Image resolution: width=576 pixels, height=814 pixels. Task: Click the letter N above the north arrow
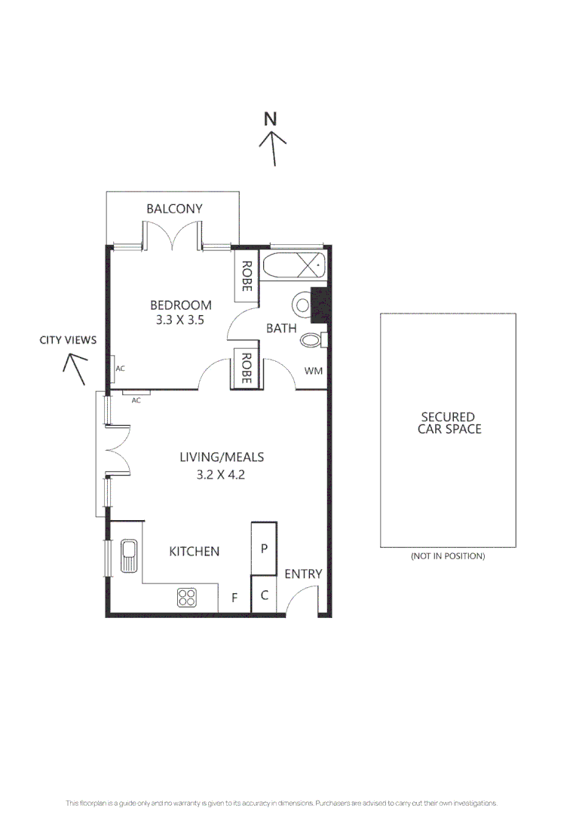pyautogui.click(x=271, y=118)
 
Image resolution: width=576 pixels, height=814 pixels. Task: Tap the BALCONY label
pyautogui.click(x=174, y=209)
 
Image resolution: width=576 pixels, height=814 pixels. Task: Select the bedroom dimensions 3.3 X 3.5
pyautogui.click(x=178, y=319)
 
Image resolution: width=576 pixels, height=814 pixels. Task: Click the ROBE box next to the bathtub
pyautogui.click(x=246, y=276)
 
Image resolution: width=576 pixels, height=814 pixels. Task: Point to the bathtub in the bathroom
pyautogui.click(x=294, y=267)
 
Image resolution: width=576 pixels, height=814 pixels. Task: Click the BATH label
pyautogui.click(x=280, y=328)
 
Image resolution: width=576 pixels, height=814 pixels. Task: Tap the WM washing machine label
pyautogui.click(x=313, y=371)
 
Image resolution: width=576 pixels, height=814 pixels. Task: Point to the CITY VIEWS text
pyautogui.click(x=68, y=340)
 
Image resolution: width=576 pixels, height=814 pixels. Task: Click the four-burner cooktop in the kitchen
pyautogui.click(x=187, y=598)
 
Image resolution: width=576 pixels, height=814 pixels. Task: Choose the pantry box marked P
pyautogui.click(x=264, y=549)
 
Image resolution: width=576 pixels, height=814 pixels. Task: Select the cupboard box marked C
pyautogui.click(x=264, y=595)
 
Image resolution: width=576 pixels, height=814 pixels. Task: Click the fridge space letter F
pyautogui.click(x=234, y=598)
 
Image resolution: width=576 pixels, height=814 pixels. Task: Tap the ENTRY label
pyautogui.click(x=303, y=574)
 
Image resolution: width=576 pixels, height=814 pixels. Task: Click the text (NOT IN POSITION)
pyautogui.click(x=447, y=556)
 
